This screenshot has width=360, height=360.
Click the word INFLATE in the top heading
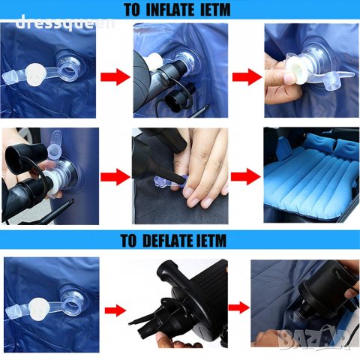point(171,10)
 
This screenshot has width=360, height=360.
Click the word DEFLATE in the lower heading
point(167,241)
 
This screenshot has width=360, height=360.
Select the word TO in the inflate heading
point(132,10)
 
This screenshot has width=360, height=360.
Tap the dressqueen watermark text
point(65,23)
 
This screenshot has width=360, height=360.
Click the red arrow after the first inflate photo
point(115,76)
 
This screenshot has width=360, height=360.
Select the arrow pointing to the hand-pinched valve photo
point(247,76)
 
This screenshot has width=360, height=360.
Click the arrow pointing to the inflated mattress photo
point(246,176)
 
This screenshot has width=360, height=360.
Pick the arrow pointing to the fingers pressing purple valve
point(115,176)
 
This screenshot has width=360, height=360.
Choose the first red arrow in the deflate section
point(115,310)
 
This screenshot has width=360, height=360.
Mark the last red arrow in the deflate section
point(239,307)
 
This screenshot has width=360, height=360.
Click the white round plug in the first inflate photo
point(36,74)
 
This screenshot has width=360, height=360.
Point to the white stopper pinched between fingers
point(296,71)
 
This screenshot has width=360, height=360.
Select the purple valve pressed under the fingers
point(170,182)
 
